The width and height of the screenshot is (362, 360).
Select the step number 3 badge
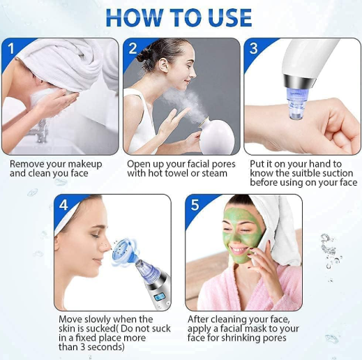255,49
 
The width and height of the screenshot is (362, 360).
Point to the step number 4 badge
65,205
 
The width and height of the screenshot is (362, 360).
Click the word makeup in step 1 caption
86,164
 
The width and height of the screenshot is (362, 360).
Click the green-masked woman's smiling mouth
240,249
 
